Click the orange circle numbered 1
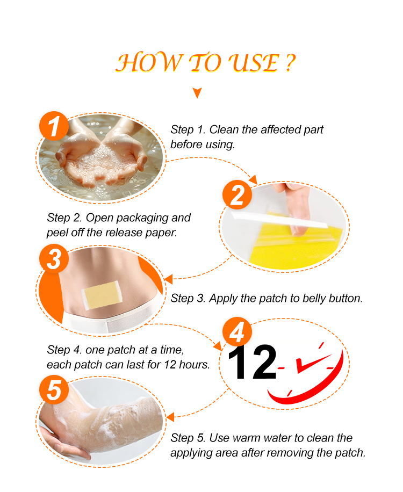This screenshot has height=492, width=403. pyautogui.click(x=54, y=126)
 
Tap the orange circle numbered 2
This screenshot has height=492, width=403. pyautogui.click(x=238, y=195)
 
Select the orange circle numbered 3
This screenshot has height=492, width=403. pyautogui.click(x=54, y=259)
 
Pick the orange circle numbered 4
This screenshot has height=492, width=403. pyautogui.click(x=238, y=332)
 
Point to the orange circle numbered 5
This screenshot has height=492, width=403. pyautogui.click(x=54, y=390)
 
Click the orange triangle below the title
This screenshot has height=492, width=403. pyautogui.click(x=197, y=93)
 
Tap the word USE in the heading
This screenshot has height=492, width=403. pyautogui.click(x=254, y=63)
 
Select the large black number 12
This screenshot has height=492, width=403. pyautogui.click(x=253, y=363)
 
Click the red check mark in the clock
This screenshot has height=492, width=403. pyautogui.click(x=312, y=363)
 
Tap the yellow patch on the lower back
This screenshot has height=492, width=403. pyautogui.click(x=102, y=295)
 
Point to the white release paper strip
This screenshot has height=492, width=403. pyautogui.click(x=279, y=220)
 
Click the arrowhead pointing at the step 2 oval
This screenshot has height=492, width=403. pyautogui.click(x=253, y=180)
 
